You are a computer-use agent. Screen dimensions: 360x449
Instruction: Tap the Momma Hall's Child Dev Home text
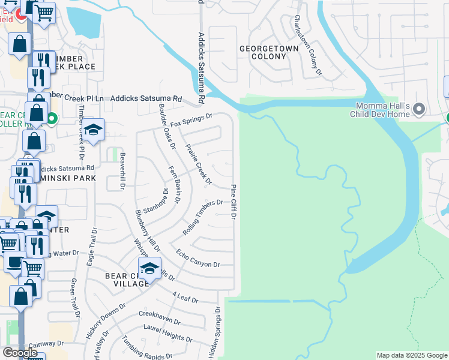pyautogui.click(x=381, y=109)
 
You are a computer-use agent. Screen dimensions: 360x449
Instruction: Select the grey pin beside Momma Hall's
pyautogui.click(x=420, y=109)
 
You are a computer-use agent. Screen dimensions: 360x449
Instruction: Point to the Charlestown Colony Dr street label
pyautogui.click(x=307, y=46)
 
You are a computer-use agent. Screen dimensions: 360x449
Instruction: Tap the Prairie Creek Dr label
pyautogui.click(x=199, y=163)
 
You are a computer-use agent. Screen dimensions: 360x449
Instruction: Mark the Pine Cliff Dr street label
pyautogui.click(x=234, y=202)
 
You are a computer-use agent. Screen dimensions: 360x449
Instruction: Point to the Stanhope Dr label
pyautogui.click(x=155, y=204)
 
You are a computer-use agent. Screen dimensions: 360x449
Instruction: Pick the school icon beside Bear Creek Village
pyautogui.click(x=150, y=269)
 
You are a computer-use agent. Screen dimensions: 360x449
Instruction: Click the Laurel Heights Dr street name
pyautogui.click(x=168, y=333)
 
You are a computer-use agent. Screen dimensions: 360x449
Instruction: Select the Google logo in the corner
pyautogui.click(x=20, y=353)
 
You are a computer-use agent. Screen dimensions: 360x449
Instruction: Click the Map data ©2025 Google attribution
pyautogui.click(x=411, y=355)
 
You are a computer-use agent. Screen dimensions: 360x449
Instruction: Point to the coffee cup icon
pyautogui.click(x=14, y=262)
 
